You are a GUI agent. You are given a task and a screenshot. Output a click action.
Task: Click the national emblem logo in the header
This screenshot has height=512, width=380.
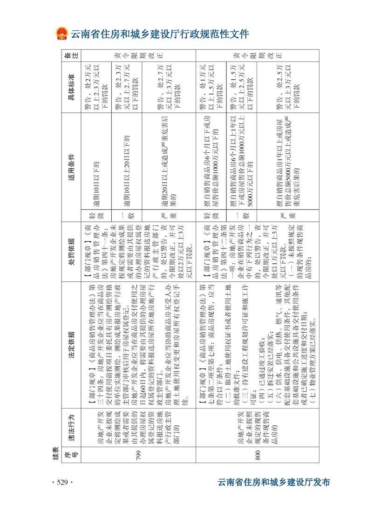[x=61, y=34]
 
